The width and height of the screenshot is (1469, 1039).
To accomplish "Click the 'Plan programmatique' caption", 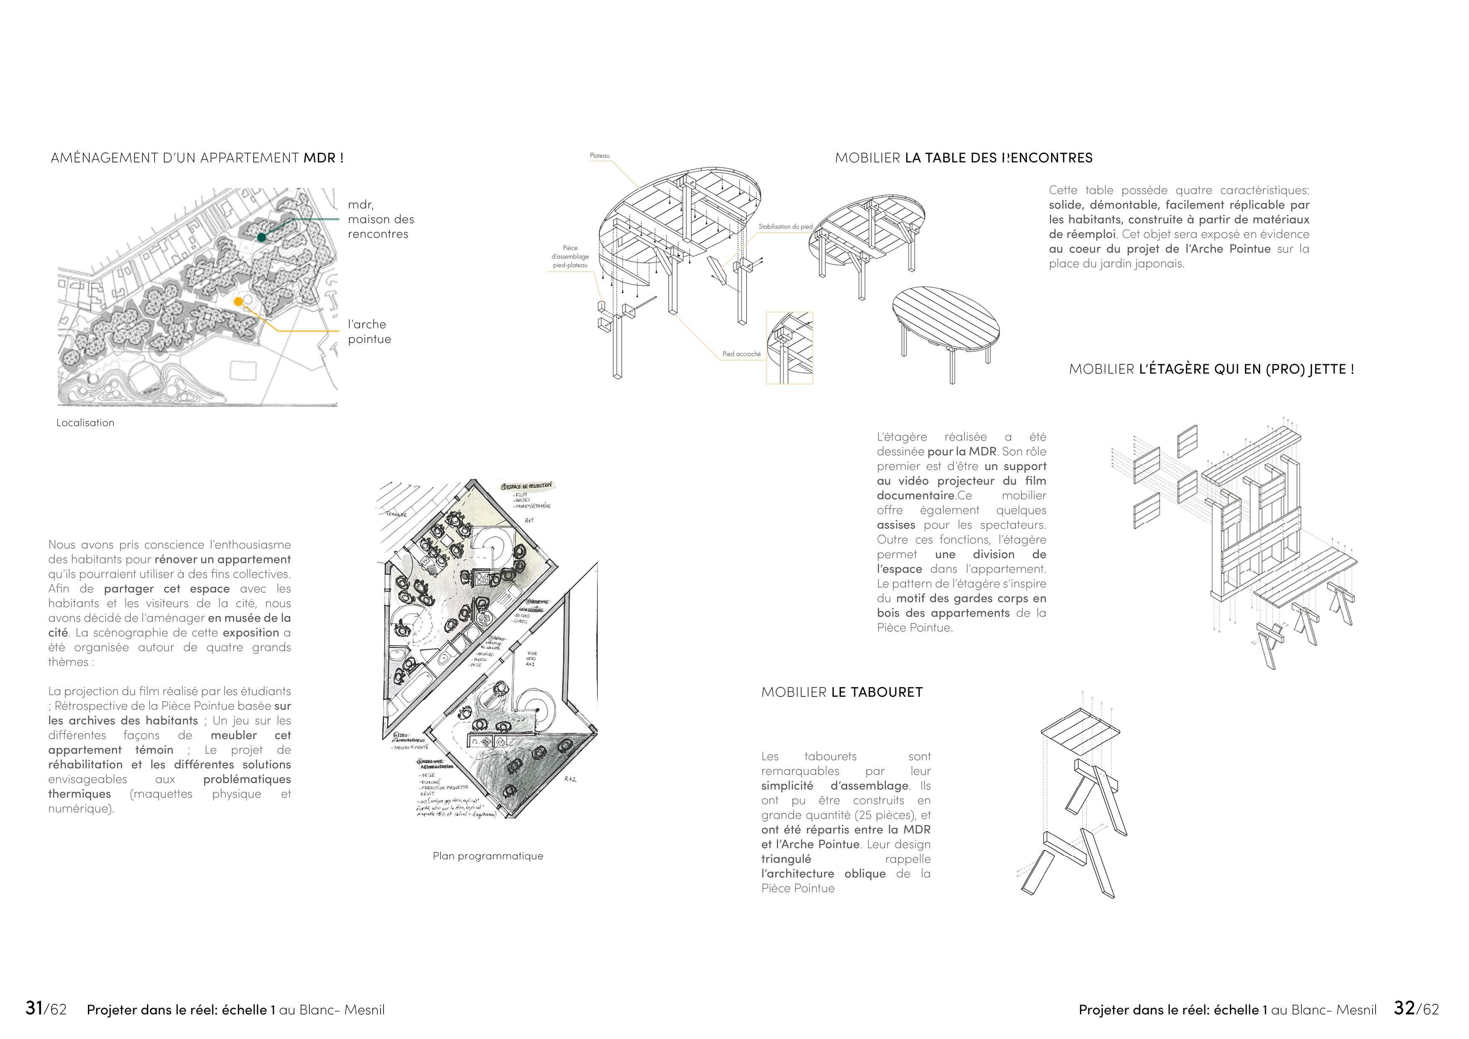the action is coord(487,856).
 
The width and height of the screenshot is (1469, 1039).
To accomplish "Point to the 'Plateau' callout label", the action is coord(600,155).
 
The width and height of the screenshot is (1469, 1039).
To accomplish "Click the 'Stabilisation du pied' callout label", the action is coord(785,227).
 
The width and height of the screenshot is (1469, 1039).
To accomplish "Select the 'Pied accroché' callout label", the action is coord(742,354).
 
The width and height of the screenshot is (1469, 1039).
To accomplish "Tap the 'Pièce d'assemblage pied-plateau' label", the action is coord(570,256).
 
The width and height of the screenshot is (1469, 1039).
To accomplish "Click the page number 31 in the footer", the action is coord(34,1008).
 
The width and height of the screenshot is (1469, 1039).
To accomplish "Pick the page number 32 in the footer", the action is coord(1405,1008).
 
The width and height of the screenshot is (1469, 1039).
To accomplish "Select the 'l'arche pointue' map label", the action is coord(369,331).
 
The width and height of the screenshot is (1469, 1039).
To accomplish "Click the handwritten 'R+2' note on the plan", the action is coord(571,779).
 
